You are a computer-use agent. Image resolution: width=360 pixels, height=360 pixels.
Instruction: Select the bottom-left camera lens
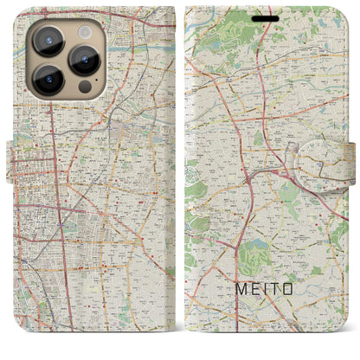46,82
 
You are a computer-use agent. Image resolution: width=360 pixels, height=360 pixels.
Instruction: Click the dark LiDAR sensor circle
84,87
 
